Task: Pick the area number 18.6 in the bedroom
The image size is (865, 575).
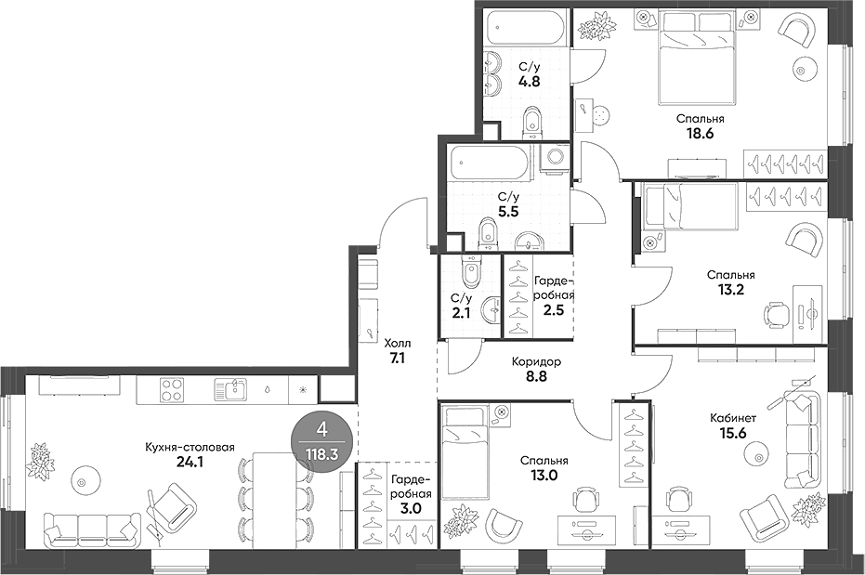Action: pyautogui.click(x=700, y=133)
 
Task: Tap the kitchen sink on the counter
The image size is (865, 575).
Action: pyautogui.click(x=229, y=387)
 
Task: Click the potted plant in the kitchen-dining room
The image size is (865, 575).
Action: pyautogui.click(x=41, y=461)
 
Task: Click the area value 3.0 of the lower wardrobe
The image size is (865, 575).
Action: pyautogui.click(x=409, y=508)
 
